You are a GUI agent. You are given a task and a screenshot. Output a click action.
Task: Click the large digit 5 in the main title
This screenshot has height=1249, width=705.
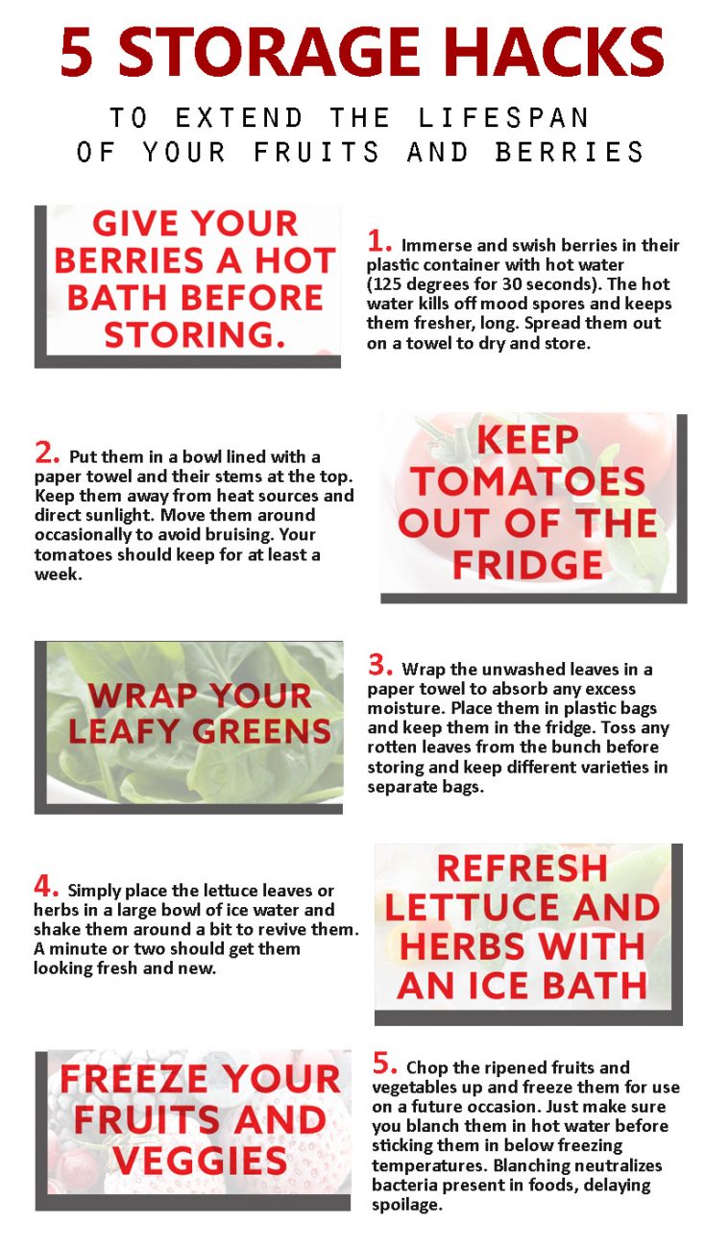[76, 52]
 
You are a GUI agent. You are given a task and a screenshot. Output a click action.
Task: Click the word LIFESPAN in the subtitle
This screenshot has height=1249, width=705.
[503, 117]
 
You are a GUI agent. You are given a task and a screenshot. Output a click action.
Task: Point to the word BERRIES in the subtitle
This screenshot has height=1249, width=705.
[570, 152]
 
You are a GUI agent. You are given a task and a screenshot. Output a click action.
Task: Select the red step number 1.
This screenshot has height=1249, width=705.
[379, 241]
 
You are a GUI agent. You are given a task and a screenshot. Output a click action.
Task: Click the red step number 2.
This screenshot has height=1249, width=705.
[47, 453]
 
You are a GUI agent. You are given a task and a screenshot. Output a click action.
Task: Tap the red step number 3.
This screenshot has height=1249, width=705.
[380, 665]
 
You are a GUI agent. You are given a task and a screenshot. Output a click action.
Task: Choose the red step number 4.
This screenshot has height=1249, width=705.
[46, 886]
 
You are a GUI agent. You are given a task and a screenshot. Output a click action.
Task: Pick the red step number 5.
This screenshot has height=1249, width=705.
[384, 1064]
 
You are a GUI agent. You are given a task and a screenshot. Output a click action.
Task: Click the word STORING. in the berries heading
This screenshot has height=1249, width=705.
[195, 335]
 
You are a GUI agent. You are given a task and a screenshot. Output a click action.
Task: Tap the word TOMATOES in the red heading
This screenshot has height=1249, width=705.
[528, 481]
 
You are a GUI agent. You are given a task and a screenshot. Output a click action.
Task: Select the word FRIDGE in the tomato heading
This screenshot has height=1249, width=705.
[527, 565]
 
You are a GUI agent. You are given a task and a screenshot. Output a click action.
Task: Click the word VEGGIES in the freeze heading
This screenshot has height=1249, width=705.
[200, 1161]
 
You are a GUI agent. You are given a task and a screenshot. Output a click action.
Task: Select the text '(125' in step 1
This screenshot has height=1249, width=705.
[381, 284]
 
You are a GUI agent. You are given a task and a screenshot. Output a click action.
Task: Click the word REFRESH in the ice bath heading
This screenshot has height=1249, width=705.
[523, 869]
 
